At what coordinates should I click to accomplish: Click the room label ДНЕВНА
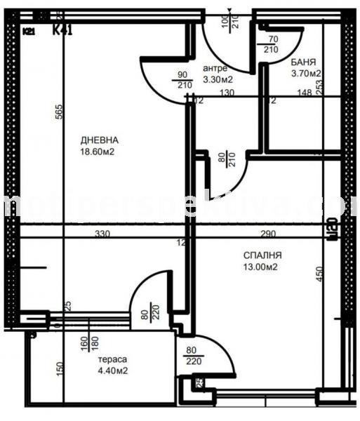99,140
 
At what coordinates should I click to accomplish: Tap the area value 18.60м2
98,151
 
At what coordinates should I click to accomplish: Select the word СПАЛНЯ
262,256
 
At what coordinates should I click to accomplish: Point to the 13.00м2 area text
263,268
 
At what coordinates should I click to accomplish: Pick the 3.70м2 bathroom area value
306,73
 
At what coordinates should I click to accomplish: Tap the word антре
214,68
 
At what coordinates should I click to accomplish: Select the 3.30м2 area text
218,79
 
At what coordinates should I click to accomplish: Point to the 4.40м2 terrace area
112,370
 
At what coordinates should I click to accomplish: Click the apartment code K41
63,30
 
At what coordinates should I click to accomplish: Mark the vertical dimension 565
60,112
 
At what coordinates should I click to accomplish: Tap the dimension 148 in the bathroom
304,91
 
